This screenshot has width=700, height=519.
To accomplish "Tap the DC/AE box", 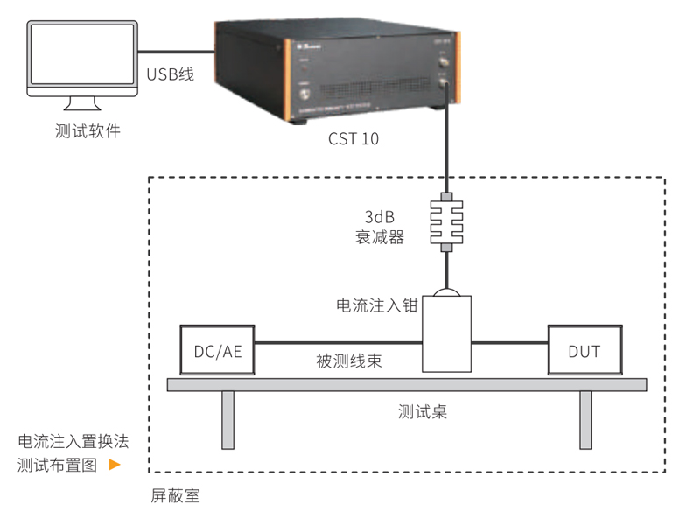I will click(x=216, y=351).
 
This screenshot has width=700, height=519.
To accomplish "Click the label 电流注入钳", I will click(x=374, y=306).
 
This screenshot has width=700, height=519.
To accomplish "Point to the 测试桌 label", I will click(x=422, y=411).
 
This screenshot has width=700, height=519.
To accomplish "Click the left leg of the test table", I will click(x=228, y=419).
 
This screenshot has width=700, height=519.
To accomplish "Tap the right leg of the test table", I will click(x=585, y=419).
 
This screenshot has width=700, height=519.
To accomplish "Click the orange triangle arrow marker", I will click(x=114, y=465).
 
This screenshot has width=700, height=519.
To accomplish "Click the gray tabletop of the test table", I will click(x=407, y=384).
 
